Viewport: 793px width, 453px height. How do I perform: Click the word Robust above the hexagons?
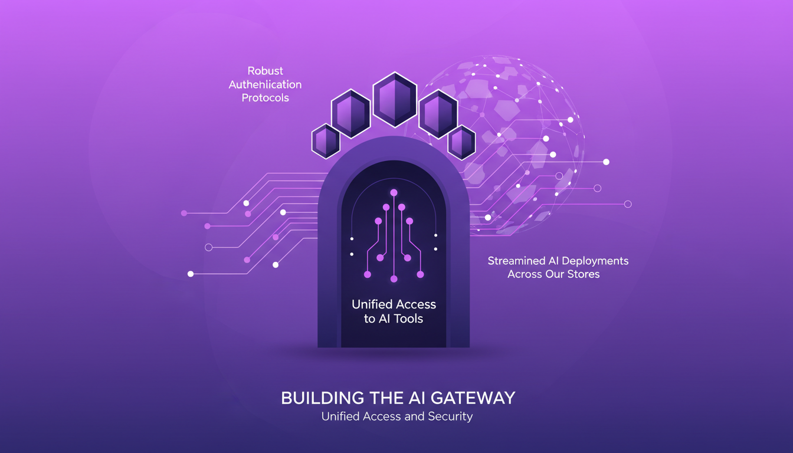266,71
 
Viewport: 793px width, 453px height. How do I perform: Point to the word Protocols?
266,97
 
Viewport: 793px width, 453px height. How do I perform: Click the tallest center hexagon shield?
395,99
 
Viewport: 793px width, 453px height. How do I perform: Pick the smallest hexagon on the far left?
326,141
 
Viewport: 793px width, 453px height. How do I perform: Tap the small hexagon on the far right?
461,142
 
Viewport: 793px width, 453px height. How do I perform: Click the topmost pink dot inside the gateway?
394,193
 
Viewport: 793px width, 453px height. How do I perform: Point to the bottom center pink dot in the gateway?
394,279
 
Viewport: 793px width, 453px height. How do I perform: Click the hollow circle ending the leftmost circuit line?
208,247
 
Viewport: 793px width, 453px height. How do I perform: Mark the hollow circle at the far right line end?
628,204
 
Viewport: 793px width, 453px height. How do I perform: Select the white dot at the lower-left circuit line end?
191,274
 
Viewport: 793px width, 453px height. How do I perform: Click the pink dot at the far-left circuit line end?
184,213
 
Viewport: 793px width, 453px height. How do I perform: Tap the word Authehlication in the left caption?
266,84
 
